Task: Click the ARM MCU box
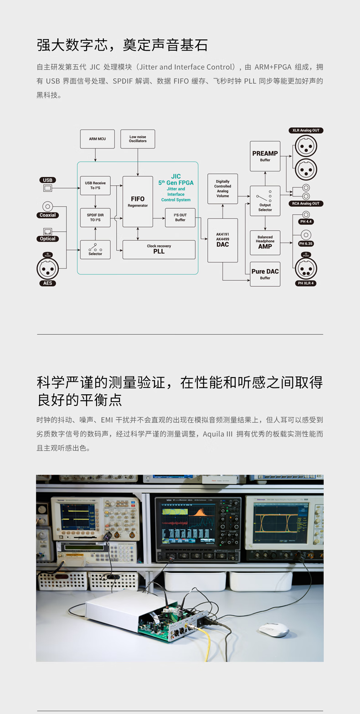point(97,139)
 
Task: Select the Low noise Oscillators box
point(138,139)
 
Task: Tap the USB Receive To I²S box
point(95,186)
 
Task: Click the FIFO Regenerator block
point(138,202)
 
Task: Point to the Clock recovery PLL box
point(159,249)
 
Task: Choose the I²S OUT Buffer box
point(180,217)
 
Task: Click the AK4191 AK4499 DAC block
point(222,240)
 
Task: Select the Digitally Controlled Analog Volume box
point(222,189)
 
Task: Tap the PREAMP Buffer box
point(265,156)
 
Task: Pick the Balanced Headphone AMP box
point(265,243)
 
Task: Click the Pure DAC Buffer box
point(265,274)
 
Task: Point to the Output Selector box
point(265,201)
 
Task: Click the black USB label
point(48,180)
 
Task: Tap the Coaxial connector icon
point(48,206)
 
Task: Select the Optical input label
point(48,239)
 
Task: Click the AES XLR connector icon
point(48,268)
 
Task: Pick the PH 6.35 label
point(306,243)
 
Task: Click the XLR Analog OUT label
point(306,130)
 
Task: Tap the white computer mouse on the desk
point(274,630)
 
